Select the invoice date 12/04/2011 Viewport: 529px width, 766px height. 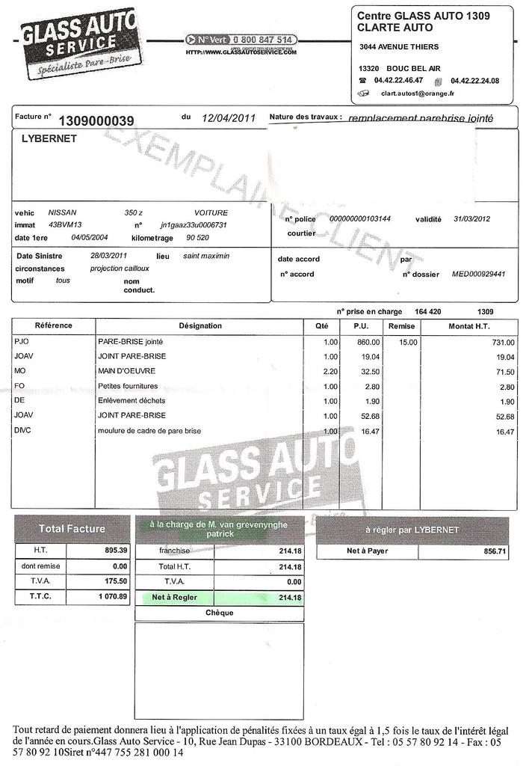point(229,118)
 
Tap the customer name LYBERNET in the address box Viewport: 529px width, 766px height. point(49,139)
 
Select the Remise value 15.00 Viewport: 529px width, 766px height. point(408,342)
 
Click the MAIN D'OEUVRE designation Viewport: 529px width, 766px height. point(123,372)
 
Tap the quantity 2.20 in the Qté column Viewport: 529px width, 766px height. point(330,372)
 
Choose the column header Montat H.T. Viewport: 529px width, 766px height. point(468,326)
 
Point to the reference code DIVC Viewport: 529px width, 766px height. point(22,431)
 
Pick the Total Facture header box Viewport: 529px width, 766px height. point(72,529)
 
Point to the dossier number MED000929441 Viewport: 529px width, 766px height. point(478,275)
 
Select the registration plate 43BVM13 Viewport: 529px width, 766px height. point(65,224)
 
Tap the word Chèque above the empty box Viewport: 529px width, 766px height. point(219,613)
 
